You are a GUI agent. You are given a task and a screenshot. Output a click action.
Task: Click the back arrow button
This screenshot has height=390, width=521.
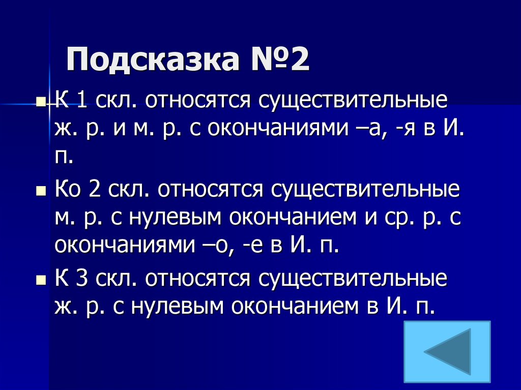(447, 351)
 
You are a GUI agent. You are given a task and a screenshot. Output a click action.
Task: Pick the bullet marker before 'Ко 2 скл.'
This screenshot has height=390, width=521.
(41, 192)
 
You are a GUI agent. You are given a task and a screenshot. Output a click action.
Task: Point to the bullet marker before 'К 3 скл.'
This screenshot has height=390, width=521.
(41, 281)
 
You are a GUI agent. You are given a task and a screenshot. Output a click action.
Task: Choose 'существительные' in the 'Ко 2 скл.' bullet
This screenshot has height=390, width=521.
(365, 190)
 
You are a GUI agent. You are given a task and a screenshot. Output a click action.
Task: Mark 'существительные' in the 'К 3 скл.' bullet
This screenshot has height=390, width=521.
(354, 279)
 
